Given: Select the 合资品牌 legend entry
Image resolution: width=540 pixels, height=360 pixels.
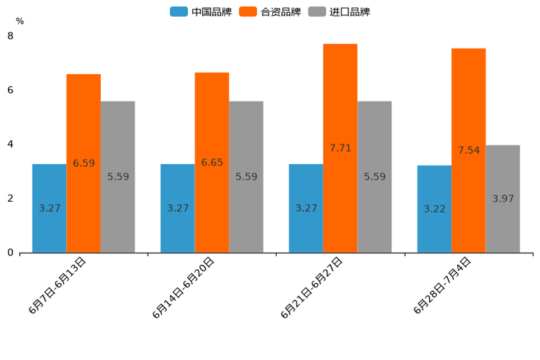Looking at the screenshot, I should click(x=270, y=12).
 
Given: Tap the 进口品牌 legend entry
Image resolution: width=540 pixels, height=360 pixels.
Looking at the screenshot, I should click(x=339, y=12).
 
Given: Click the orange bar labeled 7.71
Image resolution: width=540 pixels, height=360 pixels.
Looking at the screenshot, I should click(x=340, y=148).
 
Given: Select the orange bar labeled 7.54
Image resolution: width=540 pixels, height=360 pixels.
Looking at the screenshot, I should click(x=468, y=150).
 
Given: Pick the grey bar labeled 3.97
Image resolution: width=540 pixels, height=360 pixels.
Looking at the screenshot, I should click(x=503, y=199).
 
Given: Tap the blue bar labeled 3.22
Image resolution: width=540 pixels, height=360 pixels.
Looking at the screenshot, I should click(x=434, y=209).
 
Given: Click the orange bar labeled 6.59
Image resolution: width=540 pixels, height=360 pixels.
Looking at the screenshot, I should click(x=83, y=163).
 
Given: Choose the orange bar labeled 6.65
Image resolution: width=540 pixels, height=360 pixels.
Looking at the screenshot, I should click(x=212, y=163).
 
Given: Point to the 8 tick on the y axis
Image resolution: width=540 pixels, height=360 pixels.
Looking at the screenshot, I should click(x=10, y=36).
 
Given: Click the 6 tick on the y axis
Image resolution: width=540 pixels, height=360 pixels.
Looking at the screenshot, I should click(x=10, y=90).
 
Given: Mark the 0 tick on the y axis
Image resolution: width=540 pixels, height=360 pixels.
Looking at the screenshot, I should click(x=10, y=253).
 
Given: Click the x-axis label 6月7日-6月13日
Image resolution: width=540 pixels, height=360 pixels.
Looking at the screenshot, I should click(x=58, y=285).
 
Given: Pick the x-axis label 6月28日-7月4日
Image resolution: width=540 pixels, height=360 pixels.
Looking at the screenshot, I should click(x=443, y=285).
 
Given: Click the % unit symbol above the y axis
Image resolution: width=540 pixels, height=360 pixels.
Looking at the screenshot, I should click(x=20, y=21).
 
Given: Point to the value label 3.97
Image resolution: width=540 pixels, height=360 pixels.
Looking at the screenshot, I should click(x=503, y=198).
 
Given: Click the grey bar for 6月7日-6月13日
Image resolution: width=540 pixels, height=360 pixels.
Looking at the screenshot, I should click(x=118, y=177).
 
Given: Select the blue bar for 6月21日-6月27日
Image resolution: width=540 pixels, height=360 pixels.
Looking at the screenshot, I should click(x=306, y=208).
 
